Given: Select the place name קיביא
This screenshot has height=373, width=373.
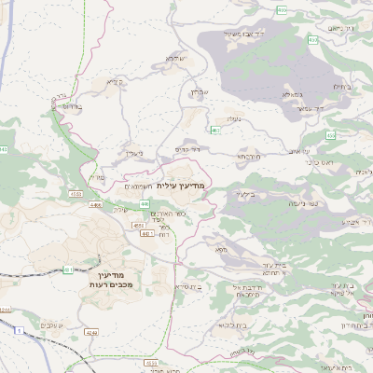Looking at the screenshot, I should click(114, 82).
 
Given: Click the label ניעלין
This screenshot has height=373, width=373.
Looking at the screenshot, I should click(135, 153).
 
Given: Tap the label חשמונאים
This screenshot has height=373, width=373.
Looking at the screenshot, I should click(139, 186).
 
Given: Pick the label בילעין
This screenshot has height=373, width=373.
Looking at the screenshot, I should click(244, 194).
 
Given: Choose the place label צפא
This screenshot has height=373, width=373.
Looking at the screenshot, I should click(220, 250).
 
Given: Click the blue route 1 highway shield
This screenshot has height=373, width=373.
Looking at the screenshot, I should click(17, 330).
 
